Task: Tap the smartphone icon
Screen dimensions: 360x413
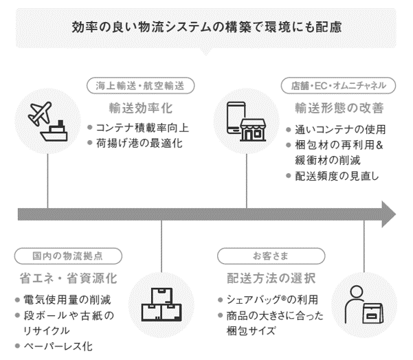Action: [x=236, y=117]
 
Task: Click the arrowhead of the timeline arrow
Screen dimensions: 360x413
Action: [x=388, y=213]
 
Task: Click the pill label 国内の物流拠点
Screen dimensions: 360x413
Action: [x=68, y=256]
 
